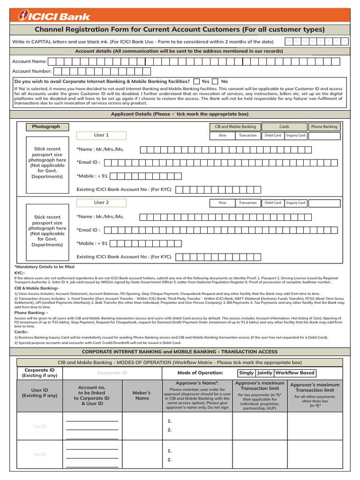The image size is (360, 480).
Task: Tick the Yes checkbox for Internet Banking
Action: point(196,81)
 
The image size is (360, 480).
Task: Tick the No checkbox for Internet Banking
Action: point(215,81)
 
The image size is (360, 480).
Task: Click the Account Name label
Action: point(29,61)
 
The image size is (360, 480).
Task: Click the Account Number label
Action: point(32,71)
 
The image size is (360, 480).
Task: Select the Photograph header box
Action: point(46,127)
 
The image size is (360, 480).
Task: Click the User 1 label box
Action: point(101,135)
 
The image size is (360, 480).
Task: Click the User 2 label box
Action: point(101,202)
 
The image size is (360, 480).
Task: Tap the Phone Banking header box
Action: point(324,127)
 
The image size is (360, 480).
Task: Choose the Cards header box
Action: point(284,127)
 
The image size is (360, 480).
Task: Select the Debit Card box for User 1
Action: point(273,135)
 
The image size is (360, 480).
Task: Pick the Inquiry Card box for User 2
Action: point(296,203)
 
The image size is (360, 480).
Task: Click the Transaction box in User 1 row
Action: point(247,135)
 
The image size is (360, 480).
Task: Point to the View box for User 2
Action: point(222,203)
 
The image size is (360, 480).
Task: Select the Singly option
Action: point(246,373)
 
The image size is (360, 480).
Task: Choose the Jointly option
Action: point(264,373)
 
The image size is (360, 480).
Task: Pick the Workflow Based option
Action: point(295,373)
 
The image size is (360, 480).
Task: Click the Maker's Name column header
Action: point(142,396)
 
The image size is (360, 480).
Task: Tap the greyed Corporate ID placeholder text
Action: point(112,373)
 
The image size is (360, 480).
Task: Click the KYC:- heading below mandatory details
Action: point(20,272)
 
